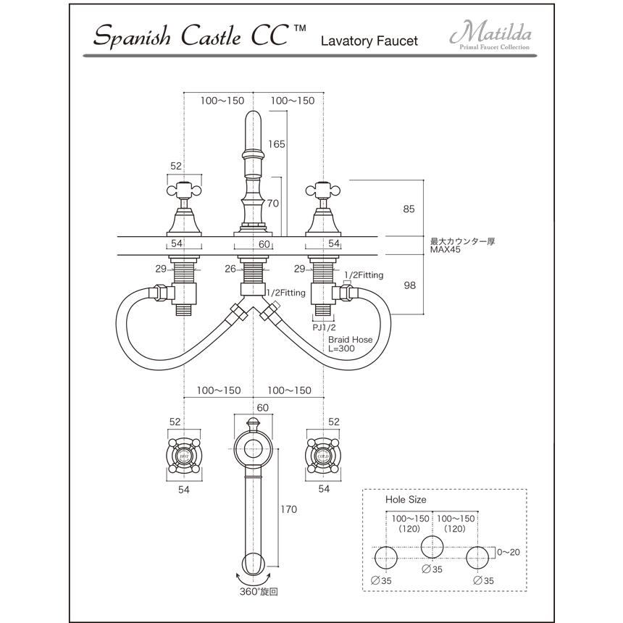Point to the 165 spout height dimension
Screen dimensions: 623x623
[x=276, y=144]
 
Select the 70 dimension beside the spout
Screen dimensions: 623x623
[x=272, y=204]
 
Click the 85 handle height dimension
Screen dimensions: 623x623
[x=409, y=209]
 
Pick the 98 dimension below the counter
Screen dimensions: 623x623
[x=409, y=285]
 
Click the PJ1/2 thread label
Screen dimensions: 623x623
[x=324, y=327]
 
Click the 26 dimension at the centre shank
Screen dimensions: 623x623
[x=230, y=269]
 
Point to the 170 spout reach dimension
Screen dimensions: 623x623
[x=288, y=509]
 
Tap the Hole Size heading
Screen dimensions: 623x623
[x=406, y=500]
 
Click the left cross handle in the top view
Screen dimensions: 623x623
[x=184, y=454]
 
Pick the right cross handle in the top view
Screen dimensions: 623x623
[x=323, y=454]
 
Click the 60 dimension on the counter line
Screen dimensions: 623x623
[x=264, y=244]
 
